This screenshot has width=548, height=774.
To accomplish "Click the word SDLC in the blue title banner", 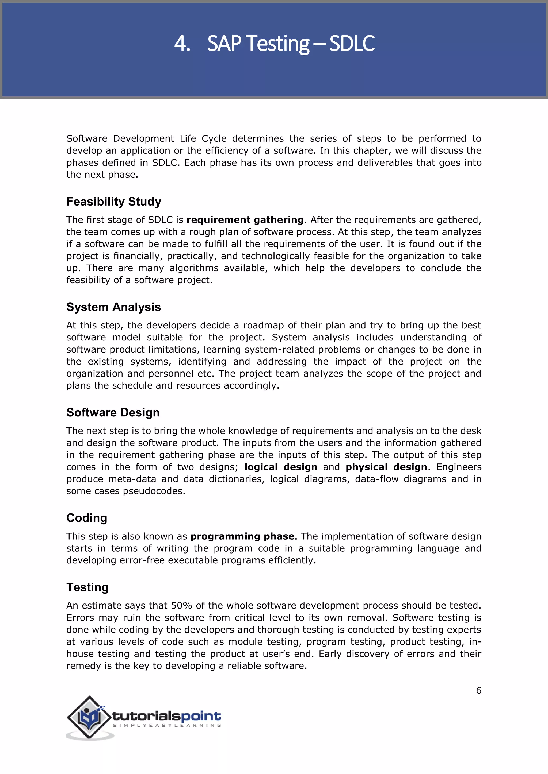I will tap(352, 44).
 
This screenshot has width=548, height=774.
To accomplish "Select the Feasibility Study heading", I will tap(114, 202).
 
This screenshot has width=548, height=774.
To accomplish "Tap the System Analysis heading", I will tap(113, 307).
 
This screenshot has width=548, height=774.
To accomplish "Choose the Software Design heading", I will tap(113, 413).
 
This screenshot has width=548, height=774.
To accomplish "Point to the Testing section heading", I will tap(87, 587).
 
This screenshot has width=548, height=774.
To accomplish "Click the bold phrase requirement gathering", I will tap(245, 220).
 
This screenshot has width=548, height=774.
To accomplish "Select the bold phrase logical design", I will tap(281, 467).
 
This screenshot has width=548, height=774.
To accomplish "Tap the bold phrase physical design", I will tap(386, 467).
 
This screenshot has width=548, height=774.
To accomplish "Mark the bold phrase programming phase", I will tap(242, 536).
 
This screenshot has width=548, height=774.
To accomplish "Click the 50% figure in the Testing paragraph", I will tap(181, 605).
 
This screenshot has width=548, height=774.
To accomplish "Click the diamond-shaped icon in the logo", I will tap(89, 717).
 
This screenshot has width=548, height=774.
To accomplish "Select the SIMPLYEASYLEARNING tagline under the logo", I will tap(167, 725).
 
